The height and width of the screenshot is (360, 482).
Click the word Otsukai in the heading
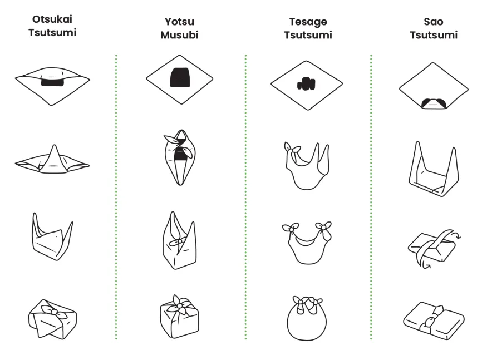(x=52, y=19)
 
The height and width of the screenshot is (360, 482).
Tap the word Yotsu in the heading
(x=179, y=22)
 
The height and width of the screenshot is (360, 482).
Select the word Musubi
(x=180, y=34)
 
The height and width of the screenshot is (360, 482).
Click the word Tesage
(x=308, y=22)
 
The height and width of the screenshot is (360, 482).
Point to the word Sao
(x=434, y=22)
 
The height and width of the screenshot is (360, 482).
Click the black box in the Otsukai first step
(x=52, y=82)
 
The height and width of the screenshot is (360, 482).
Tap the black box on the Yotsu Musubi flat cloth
(x=180, y=77)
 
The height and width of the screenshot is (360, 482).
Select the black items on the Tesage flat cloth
(x=306, y=83)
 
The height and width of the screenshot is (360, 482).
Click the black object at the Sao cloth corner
(x=434, y=103)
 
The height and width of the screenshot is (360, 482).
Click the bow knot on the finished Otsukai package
(x=53, y=312)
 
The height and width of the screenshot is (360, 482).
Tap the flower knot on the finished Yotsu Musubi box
(x=179, y=305)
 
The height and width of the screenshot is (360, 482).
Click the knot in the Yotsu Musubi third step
(x=179, y=241)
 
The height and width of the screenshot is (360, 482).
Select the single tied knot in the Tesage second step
(x=292, y=150)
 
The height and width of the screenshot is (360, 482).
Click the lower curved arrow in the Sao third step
(x=426, y=264)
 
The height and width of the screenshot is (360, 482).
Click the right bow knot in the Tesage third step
(x=324, y=228)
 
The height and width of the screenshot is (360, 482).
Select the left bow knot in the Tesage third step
(x=291, y=228)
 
